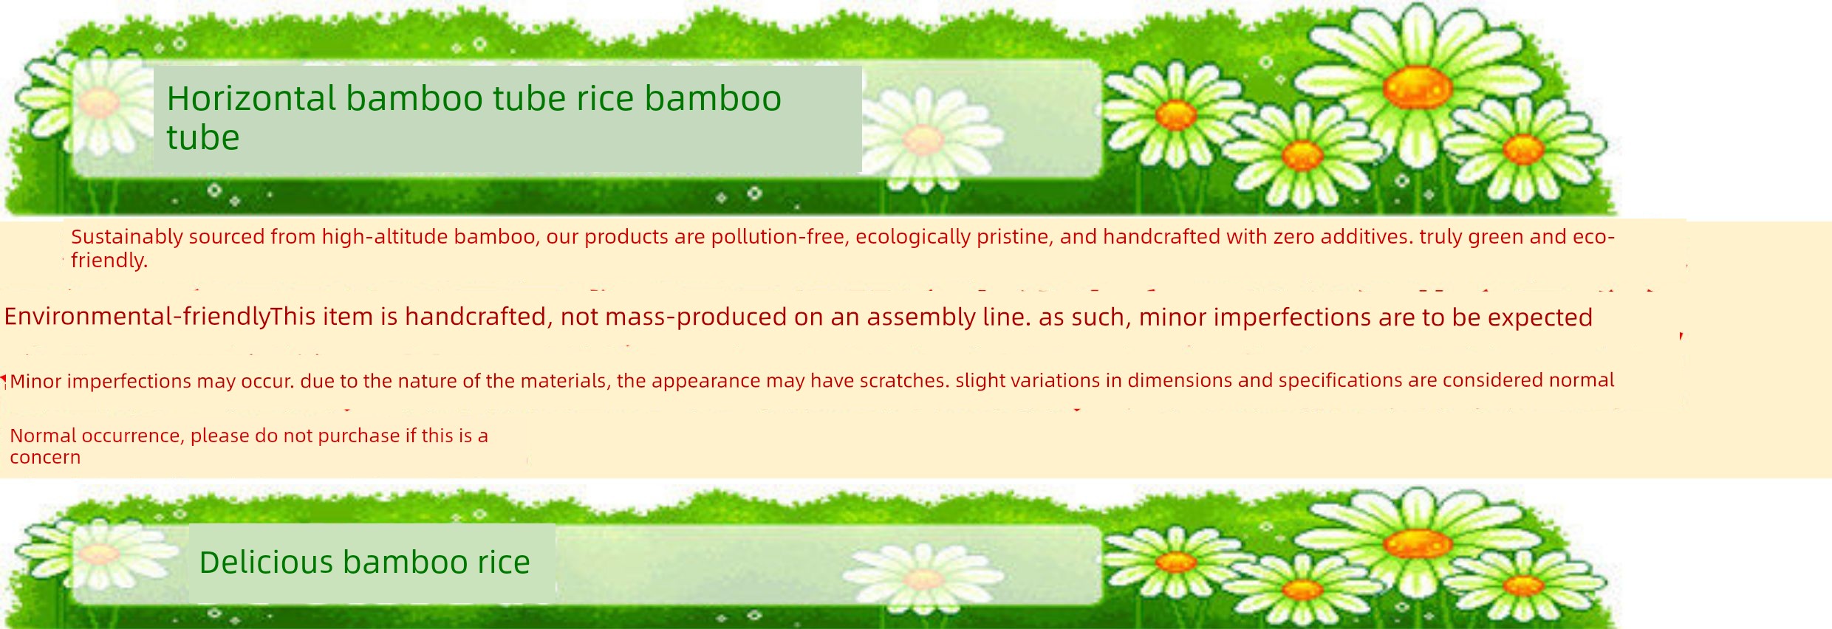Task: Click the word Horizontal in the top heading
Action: tap(252, 98)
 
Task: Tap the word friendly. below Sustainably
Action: tap(109, 260)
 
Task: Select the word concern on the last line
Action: tap(45, 458)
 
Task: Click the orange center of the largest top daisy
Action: tap(1418, 87)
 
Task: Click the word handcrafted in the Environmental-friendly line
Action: tap(476, 317)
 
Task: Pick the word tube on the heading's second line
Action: tap(203, 138)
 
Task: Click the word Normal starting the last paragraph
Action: tap(43, 436)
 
